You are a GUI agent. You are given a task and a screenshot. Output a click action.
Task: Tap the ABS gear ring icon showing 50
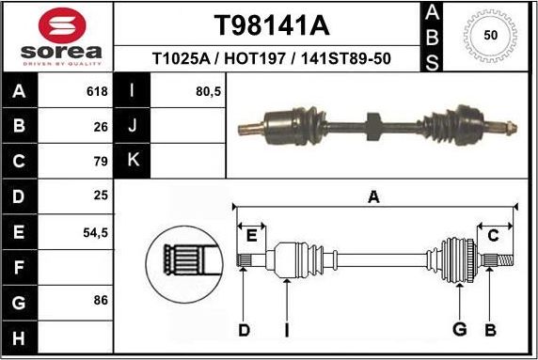tap(489, 36)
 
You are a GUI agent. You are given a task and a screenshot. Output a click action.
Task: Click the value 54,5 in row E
tap(96, 230)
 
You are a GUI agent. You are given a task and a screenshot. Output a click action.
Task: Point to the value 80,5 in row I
tap(206, 92)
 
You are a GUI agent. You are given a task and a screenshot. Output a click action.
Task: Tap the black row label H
tap(19, 335)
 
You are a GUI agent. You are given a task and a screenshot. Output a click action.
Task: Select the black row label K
tap(132, 160)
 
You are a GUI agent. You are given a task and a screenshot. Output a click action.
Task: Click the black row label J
tap(132, 125)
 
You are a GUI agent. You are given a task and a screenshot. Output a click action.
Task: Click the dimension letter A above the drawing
tap(373, 196)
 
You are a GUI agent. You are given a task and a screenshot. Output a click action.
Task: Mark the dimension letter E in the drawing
tap(250, 234)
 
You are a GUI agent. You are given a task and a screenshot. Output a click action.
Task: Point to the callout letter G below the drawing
tap(460, 329)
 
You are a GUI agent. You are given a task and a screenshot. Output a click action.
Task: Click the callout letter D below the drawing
tap(244, 329)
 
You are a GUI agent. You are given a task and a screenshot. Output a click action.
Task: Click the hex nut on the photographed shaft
tap(370, 122)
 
